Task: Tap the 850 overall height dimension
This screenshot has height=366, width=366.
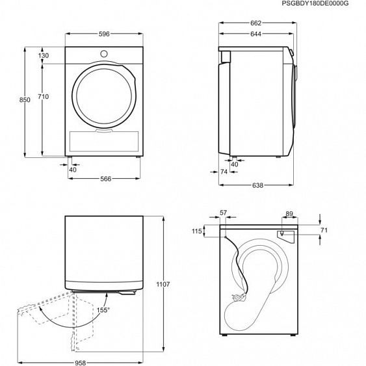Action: [x=25, y=99]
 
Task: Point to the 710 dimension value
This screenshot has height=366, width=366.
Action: [x=44, y=96]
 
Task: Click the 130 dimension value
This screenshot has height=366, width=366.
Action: [x=44, y=56]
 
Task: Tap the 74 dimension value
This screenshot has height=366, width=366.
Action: [x=224, y=172]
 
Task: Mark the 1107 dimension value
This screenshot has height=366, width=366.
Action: [x=163, y=284]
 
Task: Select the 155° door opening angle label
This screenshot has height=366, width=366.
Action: [x=103, y=311]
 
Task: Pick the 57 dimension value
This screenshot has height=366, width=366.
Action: [x=224, y=213]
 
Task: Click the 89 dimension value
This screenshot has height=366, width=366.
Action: [x=289, y=213]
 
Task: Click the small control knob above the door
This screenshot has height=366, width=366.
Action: [x=105, y=52]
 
